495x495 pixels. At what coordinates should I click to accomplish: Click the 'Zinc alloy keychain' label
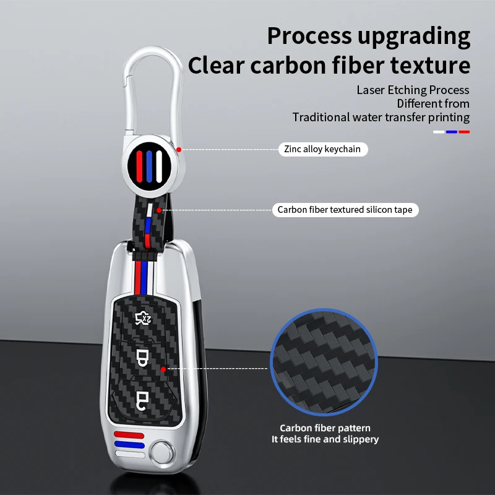tap(322, 149)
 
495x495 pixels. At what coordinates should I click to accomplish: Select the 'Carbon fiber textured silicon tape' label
tap(345, 210)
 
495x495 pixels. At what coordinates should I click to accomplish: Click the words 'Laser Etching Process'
tap(413, 90)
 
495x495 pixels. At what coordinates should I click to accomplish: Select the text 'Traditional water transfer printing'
tap(381, 118)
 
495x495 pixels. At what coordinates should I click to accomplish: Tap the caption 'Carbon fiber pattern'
tap(325, 428)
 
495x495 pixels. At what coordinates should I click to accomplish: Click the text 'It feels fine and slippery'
tap(325, 439)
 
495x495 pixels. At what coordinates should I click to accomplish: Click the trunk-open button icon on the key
tap(144, 319)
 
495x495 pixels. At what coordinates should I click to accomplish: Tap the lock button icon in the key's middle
tap(143, 357)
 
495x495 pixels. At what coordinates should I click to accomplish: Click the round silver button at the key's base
tap(163, 449)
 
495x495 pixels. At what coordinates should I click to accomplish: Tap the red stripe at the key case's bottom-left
tap(129, 434)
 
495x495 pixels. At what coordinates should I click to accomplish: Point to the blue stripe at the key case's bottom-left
tap(129, 444)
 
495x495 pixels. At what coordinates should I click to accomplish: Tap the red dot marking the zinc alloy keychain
tap(178, 149)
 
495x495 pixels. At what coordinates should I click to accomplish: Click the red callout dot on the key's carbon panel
tap(162, 369)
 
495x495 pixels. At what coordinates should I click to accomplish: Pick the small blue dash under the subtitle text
tap(452, 131)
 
